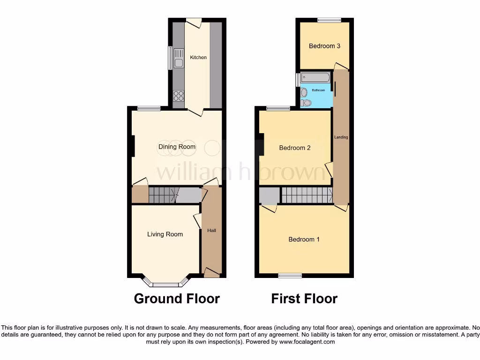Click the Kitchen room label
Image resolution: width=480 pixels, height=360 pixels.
tap(198, 57)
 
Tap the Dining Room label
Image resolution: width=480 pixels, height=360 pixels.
tap(177, 147)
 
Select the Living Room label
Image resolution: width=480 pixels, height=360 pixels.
tap(165, 234)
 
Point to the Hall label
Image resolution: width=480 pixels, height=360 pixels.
tap(212, 231)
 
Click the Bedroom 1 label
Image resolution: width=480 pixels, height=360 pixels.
tap(304, 240)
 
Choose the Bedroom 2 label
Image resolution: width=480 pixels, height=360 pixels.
tap(295, 148)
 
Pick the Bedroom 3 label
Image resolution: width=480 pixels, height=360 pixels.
tap(324, 46)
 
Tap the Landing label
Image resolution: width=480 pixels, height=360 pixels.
tap(341, 137)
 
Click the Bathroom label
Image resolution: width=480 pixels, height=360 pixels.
tap(319, 90)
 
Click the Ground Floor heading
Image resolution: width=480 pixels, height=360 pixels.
tap(177, 299)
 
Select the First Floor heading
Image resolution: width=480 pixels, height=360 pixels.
tap(304, 299)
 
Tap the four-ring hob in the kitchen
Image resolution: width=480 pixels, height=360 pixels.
tap(179, 96)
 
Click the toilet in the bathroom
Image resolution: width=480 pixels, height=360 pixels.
tap(306, 102)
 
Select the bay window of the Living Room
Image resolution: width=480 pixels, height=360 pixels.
tap(166, 283)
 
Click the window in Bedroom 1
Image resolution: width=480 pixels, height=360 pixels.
tap(290, 276)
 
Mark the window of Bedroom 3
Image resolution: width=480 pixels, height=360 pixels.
tap(329, 20)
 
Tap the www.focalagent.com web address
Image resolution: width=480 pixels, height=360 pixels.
tap(307, 342)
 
